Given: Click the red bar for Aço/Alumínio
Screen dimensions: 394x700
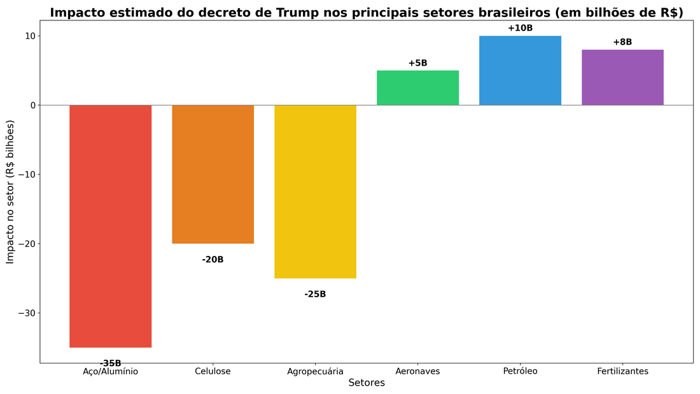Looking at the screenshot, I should click(x=110, y=226).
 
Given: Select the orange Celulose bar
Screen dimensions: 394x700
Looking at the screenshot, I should click(x=213, y=174).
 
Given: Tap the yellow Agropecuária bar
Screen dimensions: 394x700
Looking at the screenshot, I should click(x=315, y=191).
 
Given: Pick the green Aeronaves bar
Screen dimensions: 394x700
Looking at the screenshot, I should click(x=417, y=88).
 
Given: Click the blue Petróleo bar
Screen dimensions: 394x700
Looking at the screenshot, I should click(x=520, y=71).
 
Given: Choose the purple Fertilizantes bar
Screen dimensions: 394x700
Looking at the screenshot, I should click(x=622, y=77).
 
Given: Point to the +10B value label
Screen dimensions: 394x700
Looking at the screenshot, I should click(x=520, y=28).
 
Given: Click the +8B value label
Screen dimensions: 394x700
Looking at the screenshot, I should click(x=622, y=42).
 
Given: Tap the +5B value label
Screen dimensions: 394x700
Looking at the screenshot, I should click(x=417, y=63).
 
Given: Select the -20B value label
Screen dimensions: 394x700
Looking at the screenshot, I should click(x=213, y=260).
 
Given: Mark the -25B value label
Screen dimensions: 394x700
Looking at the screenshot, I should click(x=315, y=294).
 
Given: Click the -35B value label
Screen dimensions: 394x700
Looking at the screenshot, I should click(x=110, y=363).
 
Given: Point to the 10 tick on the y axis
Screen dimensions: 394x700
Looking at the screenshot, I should click(x=29, y=36).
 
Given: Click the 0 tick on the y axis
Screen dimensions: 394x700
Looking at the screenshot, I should click(x=32, y=105).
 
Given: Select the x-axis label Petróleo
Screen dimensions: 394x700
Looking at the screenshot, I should click(x=520, y=371).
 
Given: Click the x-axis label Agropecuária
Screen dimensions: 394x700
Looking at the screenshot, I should click(x=315, y=371).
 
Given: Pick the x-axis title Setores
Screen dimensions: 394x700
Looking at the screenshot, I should click(x=367, y=383).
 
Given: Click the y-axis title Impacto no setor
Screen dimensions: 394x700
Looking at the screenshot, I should click(x=10, y=192).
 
